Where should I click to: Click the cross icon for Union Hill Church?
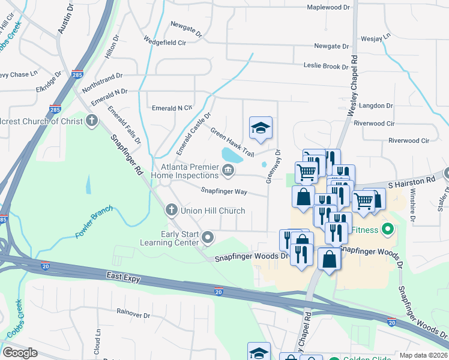[x=171, y=211]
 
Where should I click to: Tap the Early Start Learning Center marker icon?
[x=208, y=238]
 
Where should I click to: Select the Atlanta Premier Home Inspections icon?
[x=228, y=171]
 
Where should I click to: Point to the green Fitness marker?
[x=388, y=229]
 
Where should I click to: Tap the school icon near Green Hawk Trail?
[x=261, y=128]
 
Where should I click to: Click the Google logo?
[x=20, y=352]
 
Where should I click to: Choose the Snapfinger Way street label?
[x=224, y=191]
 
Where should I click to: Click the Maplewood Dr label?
[x=328, y=7]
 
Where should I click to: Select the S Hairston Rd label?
[x=411, y=180]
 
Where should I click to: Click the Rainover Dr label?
[x=133, y=314]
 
